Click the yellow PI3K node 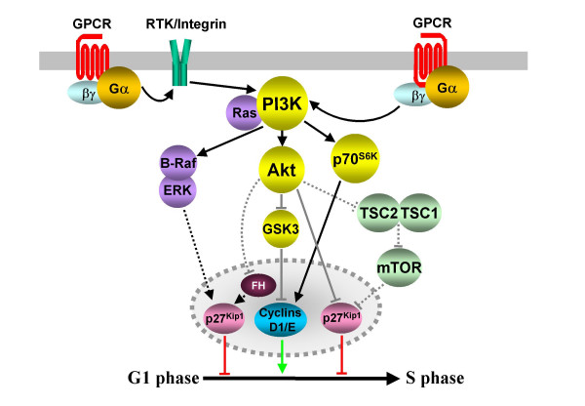[283, 103]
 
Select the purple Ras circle [243, 112]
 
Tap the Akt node [282, 170]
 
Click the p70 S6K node [355, 159]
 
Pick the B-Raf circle [178, 162]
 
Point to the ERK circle [177, 190]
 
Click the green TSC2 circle [378, 213]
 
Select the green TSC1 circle [419, 213]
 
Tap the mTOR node [399, 267]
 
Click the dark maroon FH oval [258, 286]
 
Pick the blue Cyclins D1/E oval [281, 320]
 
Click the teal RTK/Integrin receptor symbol [181, 62]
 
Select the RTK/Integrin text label [186, 24]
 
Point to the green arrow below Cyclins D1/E [282, 356]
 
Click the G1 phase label [164, 378]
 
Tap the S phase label [435, 378]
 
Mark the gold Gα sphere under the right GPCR [447, 88]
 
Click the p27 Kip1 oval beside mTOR [341, 318]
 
